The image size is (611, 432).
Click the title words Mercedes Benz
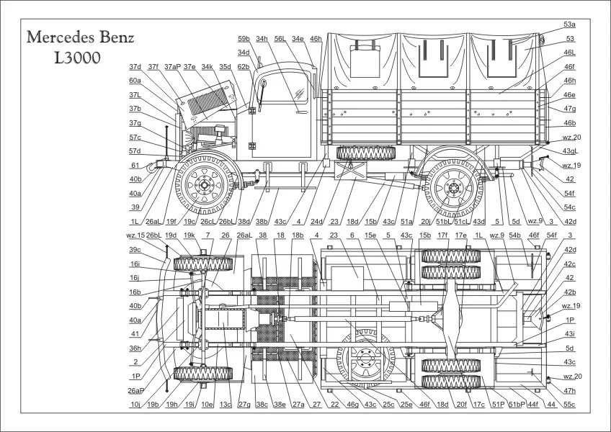(x=80, y=39)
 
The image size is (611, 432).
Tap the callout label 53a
(x=569, y=24)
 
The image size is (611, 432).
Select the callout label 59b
(x=244, y=38)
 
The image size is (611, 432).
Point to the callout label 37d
(x=135, y=67)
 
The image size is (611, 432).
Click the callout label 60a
(x=135, y=81)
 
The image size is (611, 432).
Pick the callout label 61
(x=135, y=165)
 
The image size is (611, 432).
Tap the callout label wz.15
(x=136, y=235)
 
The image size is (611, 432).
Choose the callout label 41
(x=135, y=333)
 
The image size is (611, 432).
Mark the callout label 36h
(x=135, y=348)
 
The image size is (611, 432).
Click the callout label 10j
(x=135, y=405)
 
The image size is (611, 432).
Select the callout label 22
(x=334, y=405)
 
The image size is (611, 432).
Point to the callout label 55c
(x=569, y=405)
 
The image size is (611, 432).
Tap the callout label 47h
(x=569, y=390)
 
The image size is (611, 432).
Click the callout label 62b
(x=244, y=67)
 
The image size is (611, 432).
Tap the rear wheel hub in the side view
(x=453, y=189)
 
